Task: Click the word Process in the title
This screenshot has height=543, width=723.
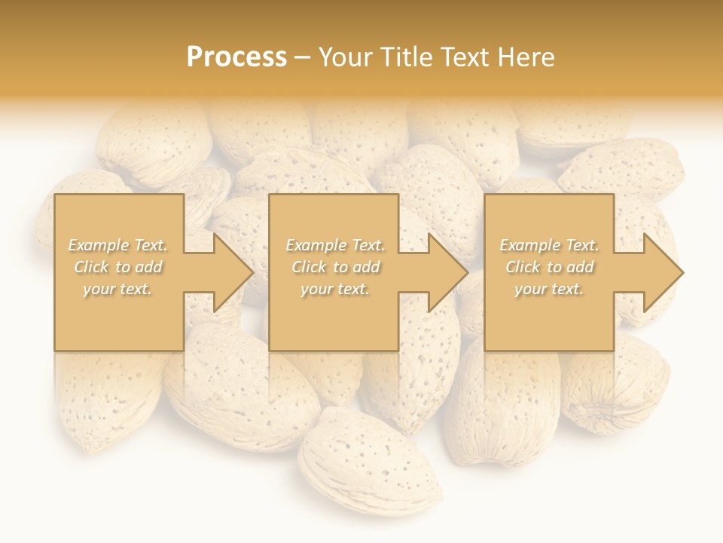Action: (236, 57)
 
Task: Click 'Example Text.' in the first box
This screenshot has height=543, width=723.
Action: (118, 245)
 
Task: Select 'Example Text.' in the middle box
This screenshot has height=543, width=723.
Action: (335, 245)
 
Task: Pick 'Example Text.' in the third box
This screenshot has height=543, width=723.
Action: (549, 245)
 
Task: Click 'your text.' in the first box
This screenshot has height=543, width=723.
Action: (118, 289)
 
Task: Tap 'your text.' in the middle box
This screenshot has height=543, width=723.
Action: (335, 289)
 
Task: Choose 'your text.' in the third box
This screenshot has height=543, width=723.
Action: (549, 289)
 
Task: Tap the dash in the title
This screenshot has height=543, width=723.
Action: (303, 57)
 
